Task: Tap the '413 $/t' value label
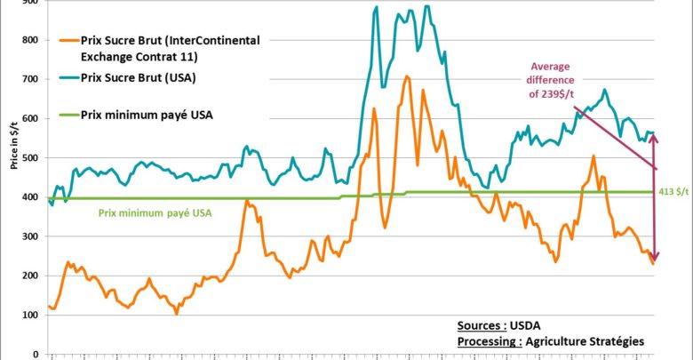(674, 192)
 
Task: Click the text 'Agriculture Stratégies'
(587, 341)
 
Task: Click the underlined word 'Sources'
(480, 325)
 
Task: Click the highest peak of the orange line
(407, 76)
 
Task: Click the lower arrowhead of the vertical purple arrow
(655, 259)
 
